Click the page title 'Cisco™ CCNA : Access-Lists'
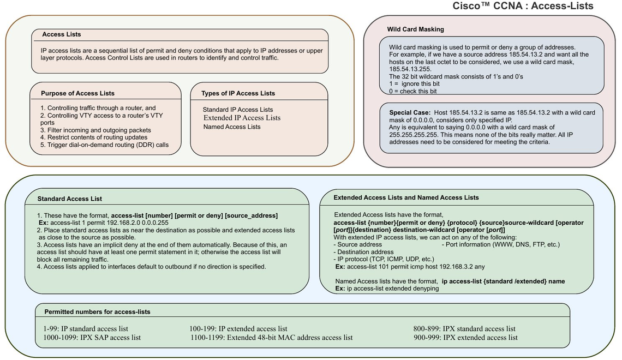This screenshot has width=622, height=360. click(x=523, y=6)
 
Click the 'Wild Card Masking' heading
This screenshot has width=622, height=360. click(x=415, y=29)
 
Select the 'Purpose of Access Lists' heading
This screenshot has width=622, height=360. click(x=77, y=94)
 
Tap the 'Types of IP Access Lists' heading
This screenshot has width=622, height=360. click(x=238, y=94)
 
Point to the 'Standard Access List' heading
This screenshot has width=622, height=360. click(x=70, y=199)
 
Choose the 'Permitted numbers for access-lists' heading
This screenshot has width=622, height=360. click(x=97, y=312)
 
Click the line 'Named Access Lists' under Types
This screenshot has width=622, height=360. click(x=232, y=127)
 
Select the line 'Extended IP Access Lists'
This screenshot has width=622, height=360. click(x=242, y=118)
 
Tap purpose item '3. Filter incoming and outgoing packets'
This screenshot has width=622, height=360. click(x=95, y=130)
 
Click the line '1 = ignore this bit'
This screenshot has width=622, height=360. click(x=414, y=83)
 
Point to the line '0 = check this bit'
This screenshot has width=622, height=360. click(x=413, y=91)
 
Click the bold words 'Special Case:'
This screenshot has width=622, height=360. click(x=410, y=112)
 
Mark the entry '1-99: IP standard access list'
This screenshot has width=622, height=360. click(x=86, y=329)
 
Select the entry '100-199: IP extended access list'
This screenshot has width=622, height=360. click(x=238, y=329)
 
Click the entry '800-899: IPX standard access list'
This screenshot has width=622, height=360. click(x=464, y=329)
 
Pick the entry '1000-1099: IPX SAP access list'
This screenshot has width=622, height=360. click(x=92, y=338)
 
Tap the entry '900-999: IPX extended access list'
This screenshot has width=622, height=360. click(x=466, y=338)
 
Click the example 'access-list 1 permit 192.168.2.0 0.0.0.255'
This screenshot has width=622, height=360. click(x=110, y=223)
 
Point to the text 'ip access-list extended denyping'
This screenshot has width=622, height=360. click(x=393, y=289)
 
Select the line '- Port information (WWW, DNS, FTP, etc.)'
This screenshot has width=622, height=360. click(x=501, y=244)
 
